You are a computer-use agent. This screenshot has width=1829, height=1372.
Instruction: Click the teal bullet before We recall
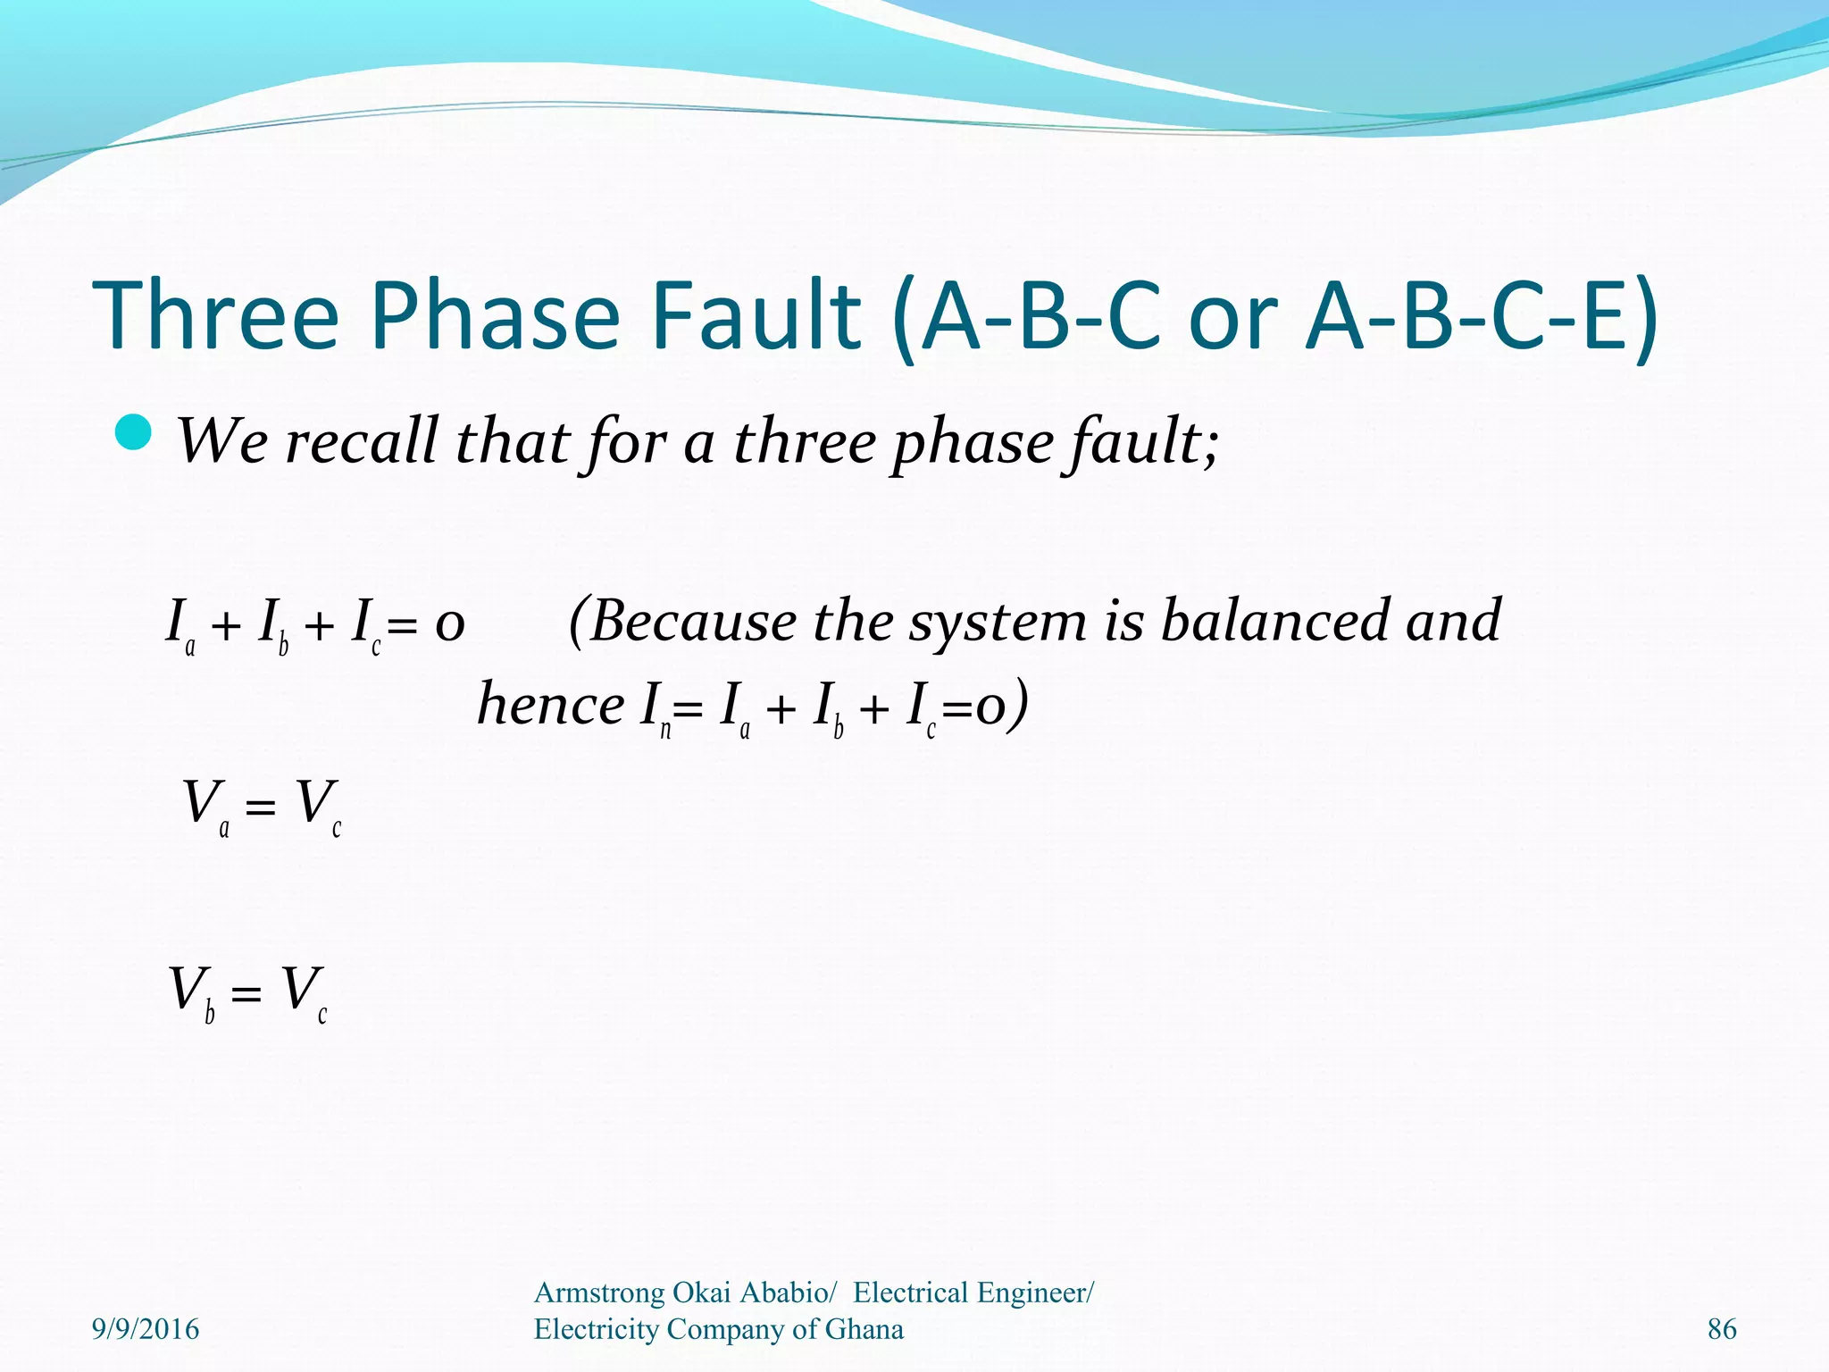[x=135, y=433]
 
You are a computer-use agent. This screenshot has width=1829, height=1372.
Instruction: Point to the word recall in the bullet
[x=361, y=441]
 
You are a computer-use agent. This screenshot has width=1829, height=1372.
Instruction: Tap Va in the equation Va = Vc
[x=205, y=806]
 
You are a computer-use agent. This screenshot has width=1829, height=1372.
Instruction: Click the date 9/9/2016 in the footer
[x=146, y=1329]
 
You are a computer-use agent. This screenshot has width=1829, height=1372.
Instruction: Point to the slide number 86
[x=1721, y=1329]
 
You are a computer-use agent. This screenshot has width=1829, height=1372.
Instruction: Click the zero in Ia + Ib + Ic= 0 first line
[x=449, y=623]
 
